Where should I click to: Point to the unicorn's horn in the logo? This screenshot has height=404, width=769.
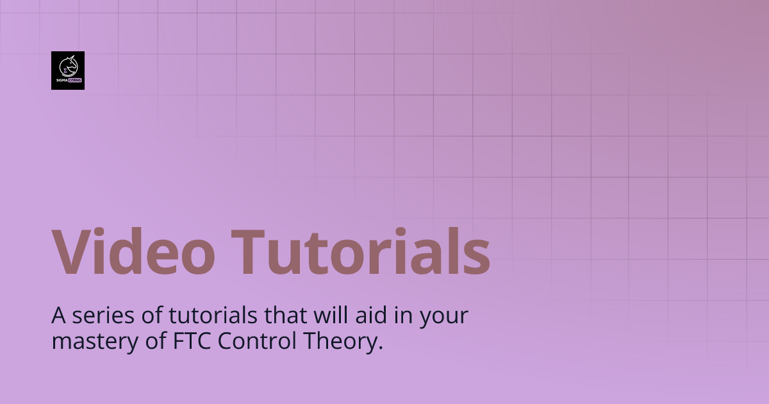(x=72, y=56)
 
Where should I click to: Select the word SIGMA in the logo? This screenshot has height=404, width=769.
(x=62, y=80)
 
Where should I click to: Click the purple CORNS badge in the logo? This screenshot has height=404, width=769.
(x=75, y=80)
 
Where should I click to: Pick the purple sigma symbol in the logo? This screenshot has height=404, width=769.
(x=65, y=70)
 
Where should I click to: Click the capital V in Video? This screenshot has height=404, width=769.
(x=72, y=251)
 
